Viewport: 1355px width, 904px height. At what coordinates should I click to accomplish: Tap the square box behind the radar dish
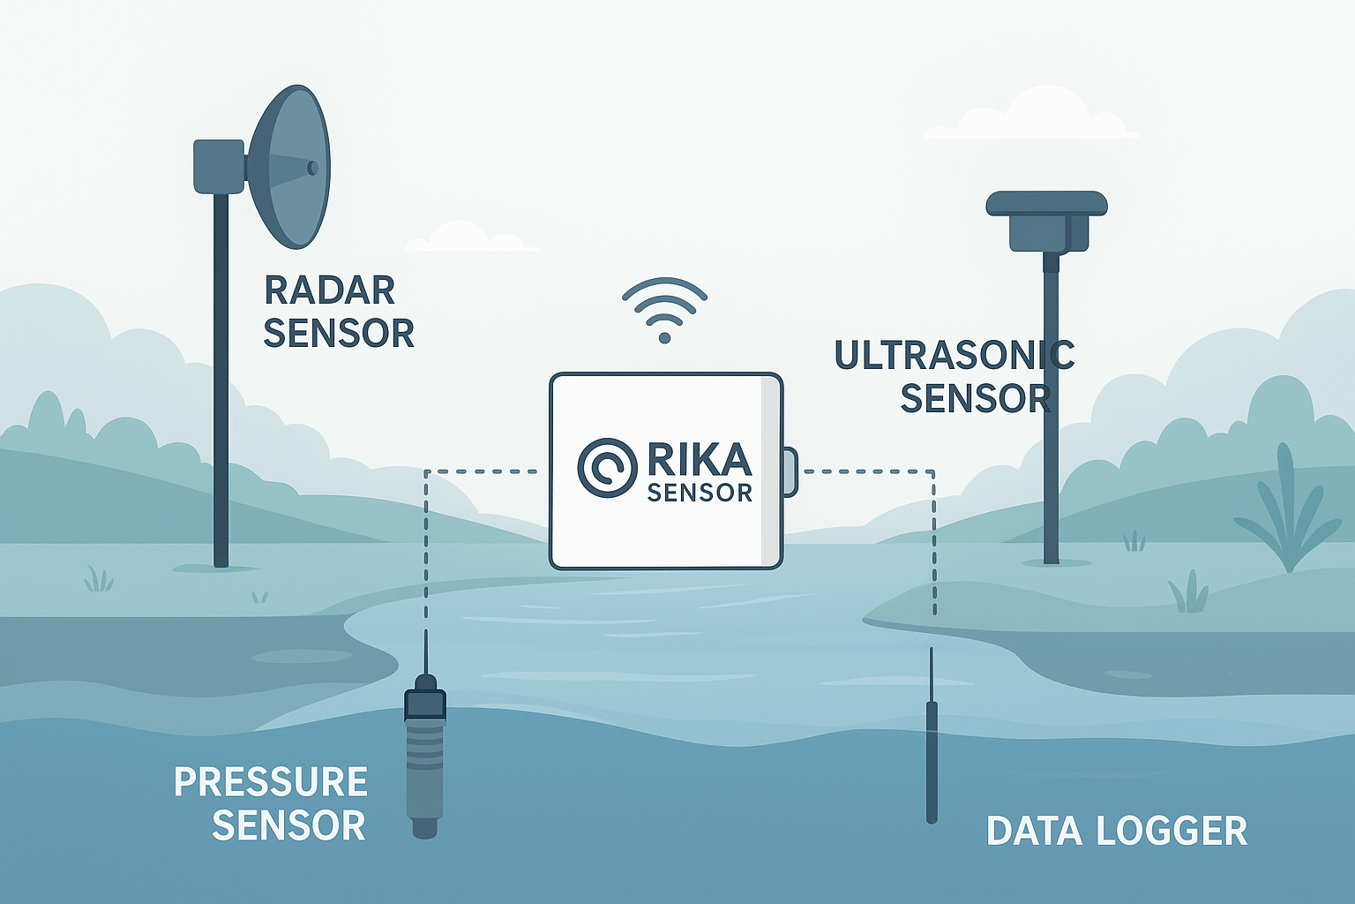click(x=218, y=165)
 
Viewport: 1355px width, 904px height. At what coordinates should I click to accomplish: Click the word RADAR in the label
click(x=330, y=290)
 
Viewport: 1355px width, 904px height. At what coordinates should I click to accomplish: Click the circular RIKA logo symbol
click(x=607, y=467)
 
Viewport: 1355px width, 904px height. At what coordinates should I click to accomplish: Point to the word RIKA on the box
click(x=699, y=460)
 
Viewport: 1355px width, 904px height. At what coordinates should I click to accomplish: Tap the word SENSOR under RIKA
click(x=700, y=493)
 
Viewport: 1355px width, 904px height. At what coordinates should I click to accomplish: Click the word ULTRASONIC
click(x=954, y=355)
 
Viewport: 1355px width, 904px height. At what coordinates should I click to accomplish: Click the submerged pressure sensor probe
click(x=424, y=759)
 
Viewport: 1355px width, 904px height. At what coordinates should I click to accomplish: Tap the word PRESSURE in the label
click(x=271, y=782)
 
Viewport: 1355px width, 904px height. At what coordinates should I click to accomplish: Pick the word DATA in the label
click(x=1034, y=831)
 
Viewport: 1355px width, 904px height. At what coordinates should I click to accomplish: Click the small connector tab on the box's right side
click(x=790, y=471)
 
